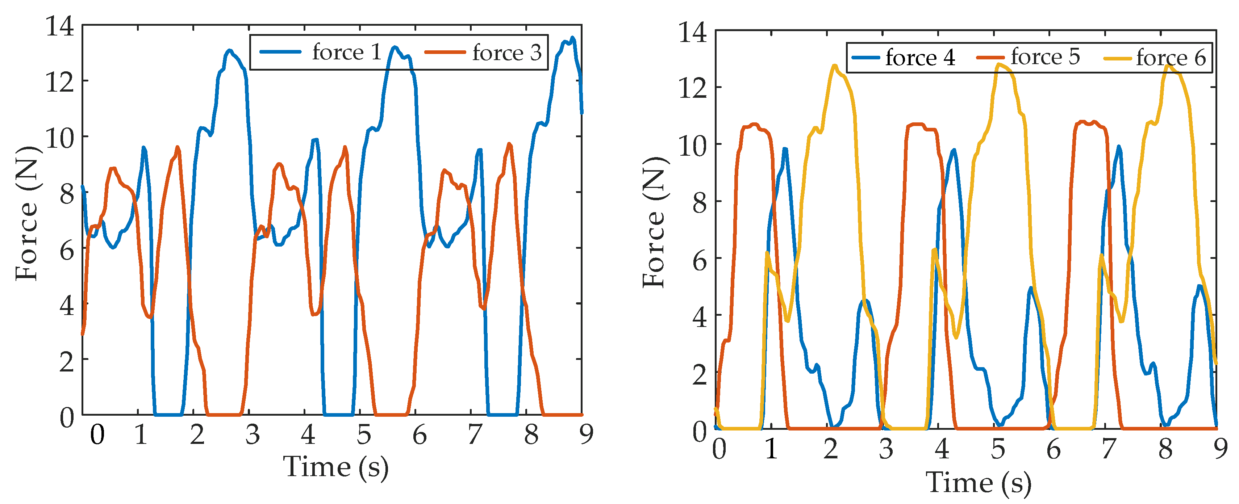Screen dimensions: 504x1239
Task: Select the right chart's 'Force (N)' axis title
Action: (x=654, y=222)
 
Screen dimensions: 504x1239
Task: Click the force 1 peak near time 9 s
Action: (x=572, y=38)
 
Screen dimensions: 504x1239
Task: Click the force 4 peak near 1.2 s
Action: (x=785, y=149)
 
